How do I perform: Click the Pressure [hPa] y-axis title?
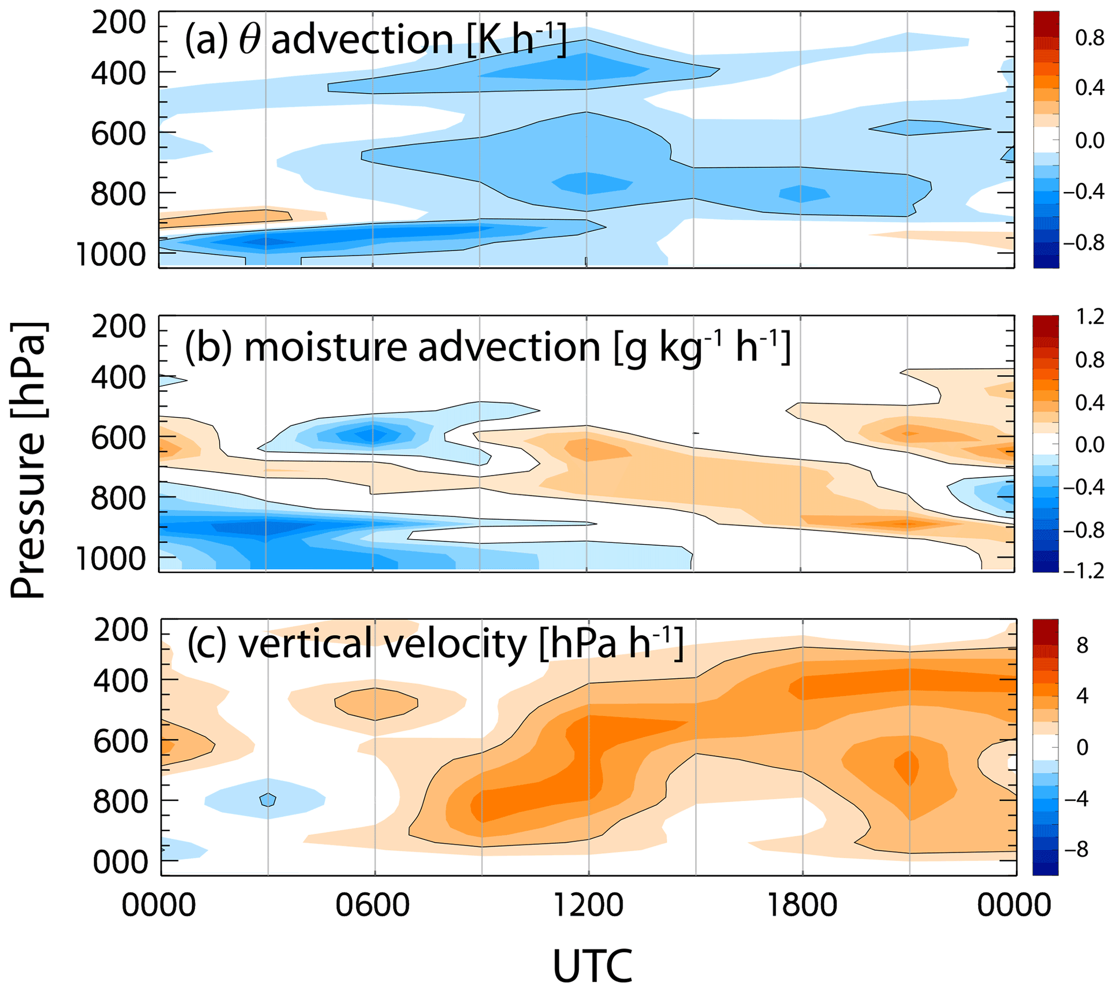tap(29, 460)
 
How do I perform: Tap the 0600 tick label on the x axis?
tap(372, 905)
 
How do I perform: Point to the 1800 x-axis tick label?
tap(802, 905)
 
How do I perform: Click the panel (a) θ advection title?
tap(376, 39)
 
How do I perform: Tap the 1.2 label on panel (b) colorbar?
tap(1089, 317)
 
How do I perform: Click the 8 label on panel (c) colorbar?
tap(1082, 646)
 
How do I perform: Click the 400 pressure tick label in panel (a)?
tap(119, 73)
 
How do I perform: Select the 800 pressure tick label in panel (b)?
tap(119, 498)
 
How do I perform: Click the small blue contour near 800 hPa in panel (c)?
tap(268, 800)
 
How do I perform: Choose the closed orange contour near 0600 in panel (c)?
tap(376, 704)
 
